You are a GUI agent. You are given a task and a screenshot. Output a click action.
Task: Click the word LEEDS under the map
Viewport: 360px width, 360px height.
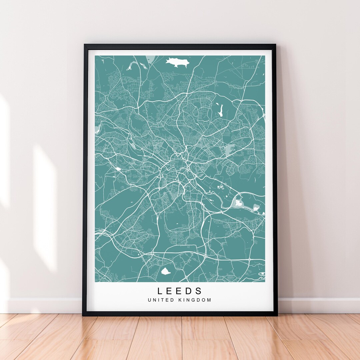pyautogui.click(x=180, y=291)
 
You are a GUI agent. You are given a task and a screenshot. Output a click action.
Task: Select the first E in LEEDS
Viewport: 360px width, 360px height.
pyautogui.click(x=170, y=291)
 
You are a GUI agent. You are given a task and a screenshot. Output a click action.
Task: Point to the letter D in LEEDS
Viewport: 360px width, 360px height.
pyautogui.click(x=190, y=291)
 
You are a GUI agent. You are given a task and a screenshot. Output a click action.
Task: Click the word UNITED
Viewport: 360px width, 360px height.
pyautogui.click(x=161, y=300)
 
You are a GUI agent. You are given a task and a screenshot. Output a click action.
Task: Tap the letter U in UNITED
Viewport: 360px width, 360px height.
pyautogui.click(x=149, y=300)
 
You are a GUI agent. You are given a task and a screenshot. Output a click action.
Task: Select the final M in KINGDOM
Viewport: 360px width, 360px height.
pyautogui.click(x=209, y=300)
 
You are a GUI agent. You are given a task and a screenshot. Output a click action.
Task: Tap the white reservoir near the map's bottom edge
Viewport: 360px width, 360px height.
pyautogui.click(x=165, y=271)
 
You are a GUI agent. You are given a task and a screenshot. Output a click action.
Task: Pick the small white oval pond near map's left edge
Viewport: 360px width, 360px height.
pyautogui.click(x=118, y=169)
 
